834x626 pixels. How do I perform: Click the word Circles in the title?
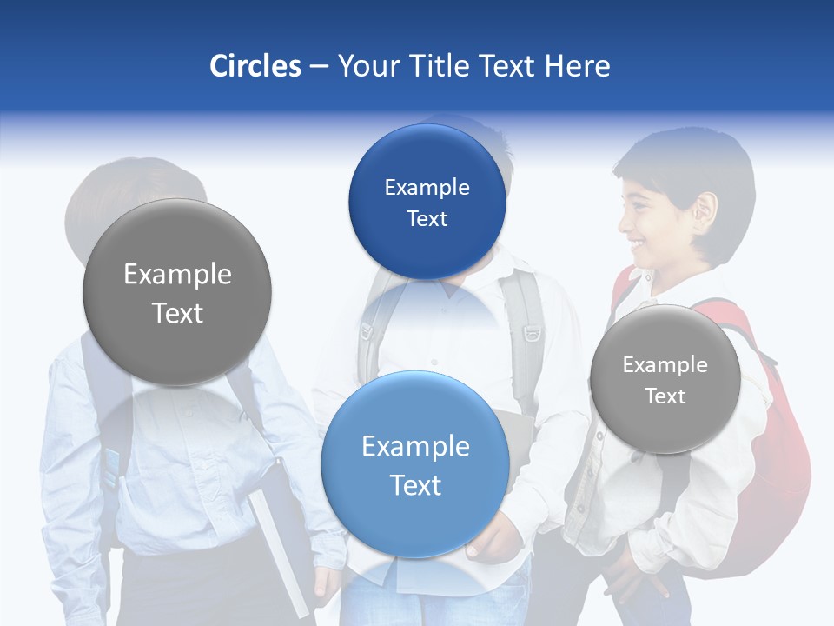255,66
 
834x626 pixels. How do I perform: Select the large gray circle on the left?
177,292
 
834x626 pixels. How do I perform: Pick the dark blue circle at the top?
427,202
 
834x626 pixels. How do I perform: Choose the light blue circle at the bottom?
415,464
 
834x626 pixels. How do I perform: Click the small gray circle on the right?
665,379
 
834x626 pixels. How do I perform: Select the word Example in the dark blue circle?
427,188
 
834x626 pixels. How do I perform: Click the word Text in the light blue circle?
415,485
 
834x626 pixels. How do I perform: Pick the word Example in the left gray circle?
177,275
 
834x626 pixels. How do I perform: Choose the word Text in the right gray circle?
665,396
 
